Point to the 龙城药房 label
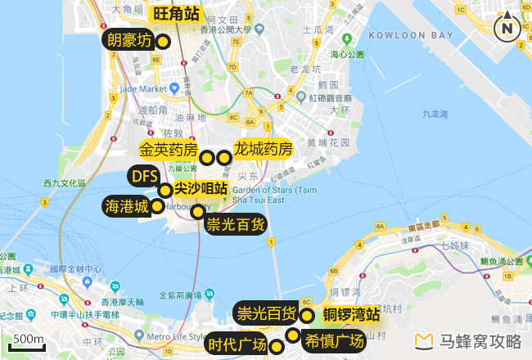click(263, 150)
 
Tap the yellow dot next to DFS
click(165, 191)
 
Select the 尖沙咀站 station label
click(201, 188)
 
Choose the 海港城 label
click(126, 207)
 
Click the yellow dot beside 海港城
click(157, 206)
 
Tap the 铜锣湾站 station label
click(350, 314)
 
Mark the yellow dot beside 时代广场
click(277, 347)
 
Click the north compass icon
click(507, 27)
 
